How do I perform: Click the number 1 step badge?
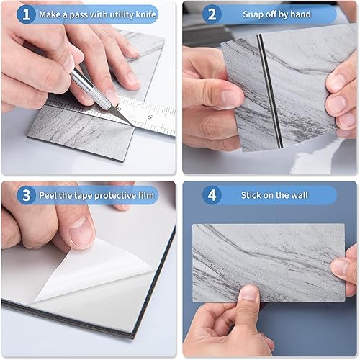tap(25, 14)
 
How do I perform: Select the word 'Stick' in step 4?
tap(253, 195)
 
